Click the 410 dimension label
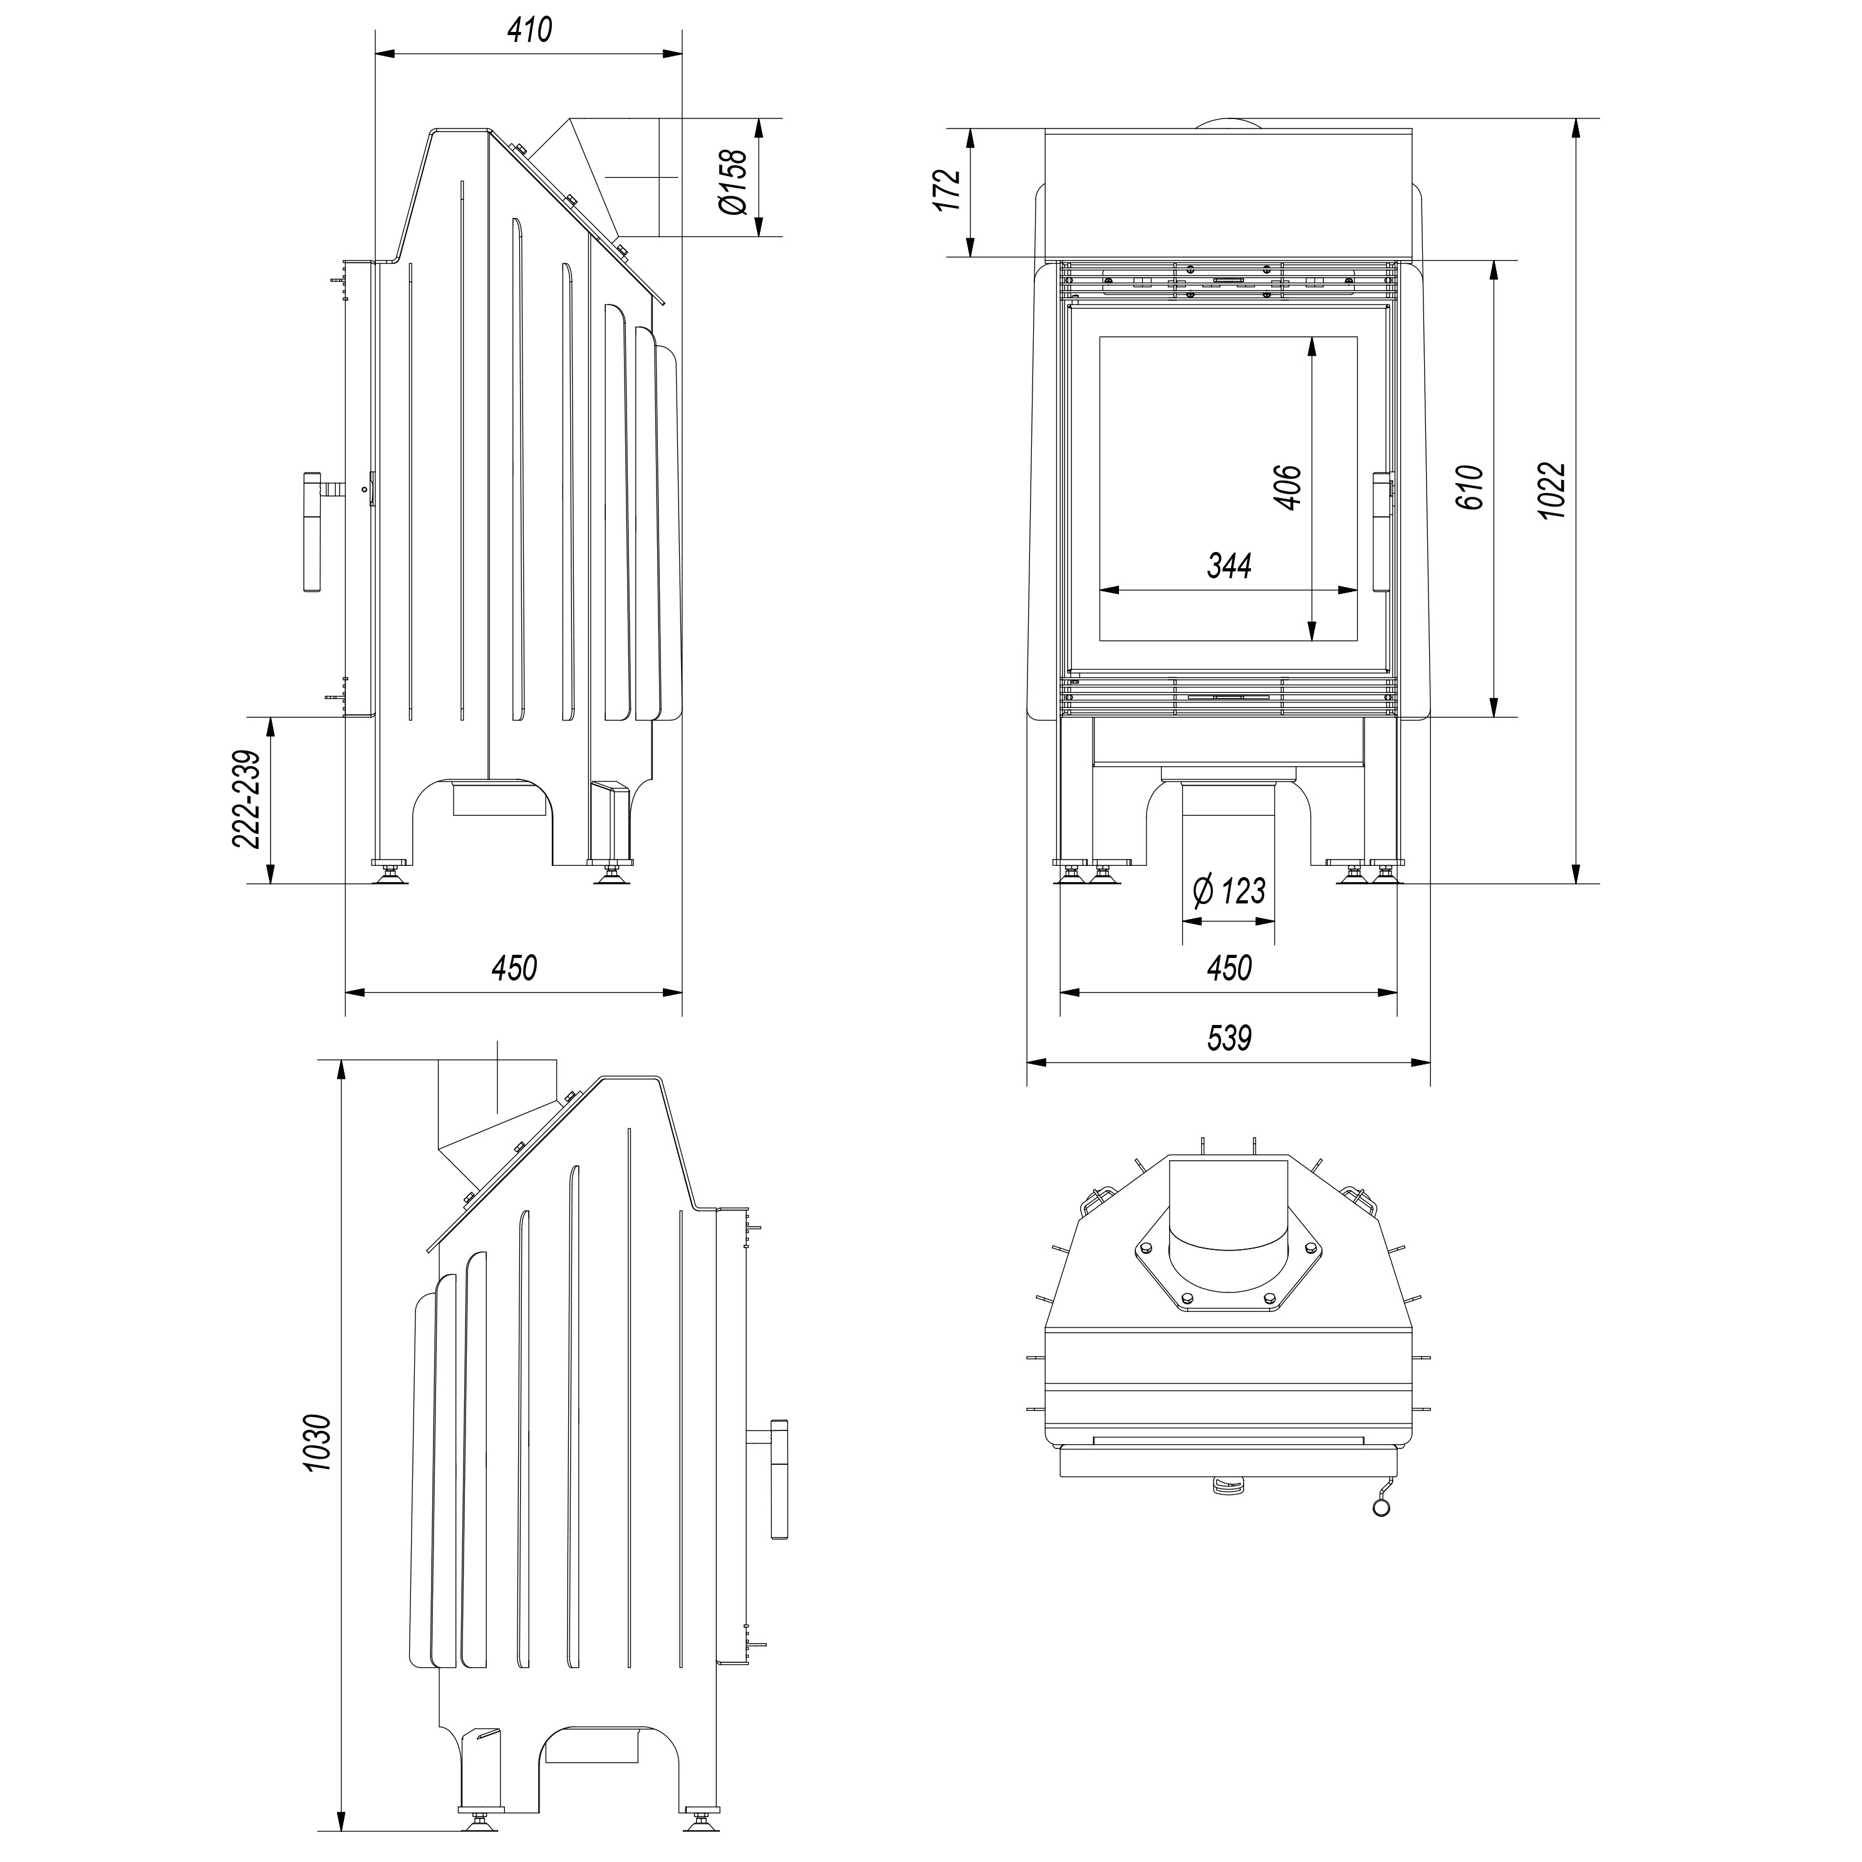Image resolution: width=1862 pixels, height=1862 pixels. tap(529, 30)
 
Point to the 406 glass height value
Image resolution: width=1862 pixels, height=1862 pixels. tap(1287, 487)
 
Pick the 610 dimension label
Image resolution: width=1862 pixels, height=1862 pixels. tap(1469, 487)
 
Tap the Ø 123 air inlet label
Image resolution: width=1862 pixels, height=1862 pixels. tap(1229, 890)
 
